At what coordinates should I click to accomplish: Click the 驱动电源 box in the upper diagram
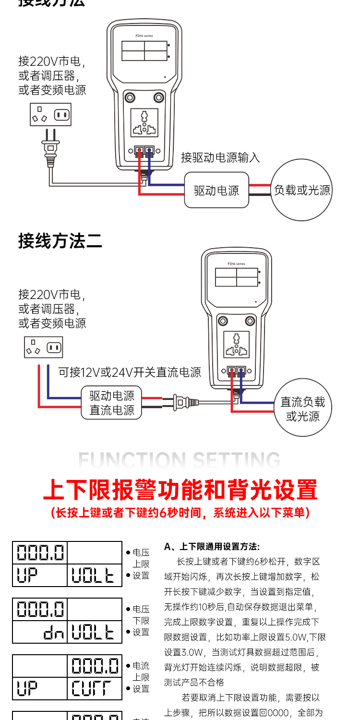(x=216, y=190)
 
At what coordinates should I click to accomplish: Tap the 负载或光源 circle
(x=302, y=190)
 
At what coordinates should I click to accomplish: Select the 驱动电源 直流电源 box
(x=112, y=403)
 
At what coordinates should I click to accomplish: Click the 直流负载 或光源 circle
(x=303, y=409)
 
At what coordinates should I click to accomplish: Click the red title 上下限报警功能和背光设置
(x=180, y=490)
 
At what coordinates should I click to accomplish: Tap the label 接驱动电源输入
(x=220, y=157)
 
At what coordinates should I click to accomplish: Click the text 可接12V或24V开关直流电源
(x=130, y=372)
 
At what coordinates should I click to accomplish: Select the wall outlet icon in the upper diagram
(x=50, y=115)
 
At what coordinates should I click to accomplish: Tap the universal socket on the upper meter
(x=144, y=123)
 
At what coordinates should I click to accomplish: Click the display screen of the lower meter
(x=237, y=278)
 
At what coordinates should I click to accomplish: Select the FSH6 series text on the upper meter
(x=144, y=36)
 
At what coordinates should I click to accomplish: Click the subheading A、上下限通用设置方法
(x=212, y=546)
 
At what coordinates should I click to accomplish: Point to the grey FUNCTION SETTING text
(x=180, y=460)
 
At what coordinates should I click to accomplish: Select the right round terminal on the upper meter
(x=158, y=97)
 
